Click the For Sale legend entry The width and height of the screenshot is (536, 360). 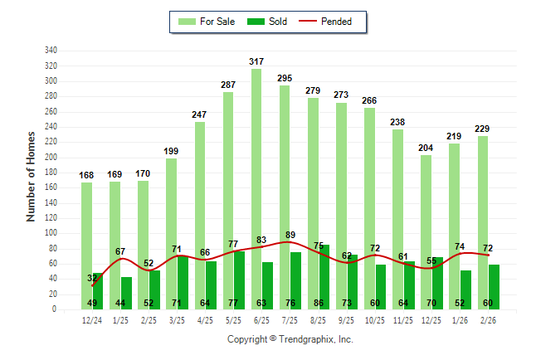(207, 22)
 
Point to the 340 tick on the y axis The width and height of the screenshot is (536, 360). (51, 51)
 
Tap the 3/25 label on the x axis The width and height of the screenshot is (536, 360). (177, 320)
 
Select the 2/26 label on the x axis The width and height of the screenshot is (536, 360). (489, 320)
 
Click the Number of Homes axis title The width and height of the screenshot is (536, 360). (32, 176)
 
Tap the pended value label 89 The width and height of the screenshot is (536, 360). (290, 235)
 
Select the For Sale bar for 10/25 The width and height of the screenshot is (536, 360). (369, 208)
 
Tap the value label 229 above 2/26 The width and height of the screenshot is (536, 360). (483, 129)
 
